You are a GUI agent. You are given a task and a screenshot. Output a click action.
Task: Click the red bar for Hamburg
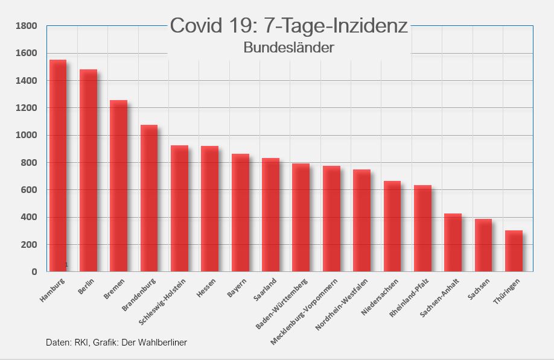tap(58, 166)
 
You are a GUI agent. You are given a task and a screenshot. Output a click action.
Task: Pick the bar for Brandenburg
tap(149, 198)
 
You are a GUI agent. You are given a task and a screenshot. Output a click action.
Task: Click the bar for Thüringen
tap(514, 251)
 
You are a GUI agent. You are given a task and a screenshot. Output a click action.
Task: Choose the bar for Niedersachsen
tap(392, 226)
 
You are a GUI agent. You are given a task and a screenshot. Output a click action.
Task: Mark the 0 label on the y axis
tap(34, 272)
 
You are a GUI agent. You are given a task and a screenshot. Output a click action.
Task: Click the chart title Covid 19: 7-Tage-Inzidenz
tap(288, 26)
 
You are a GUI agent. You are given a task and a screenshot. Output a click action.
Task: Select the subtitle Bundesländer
tap(288, 47)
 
